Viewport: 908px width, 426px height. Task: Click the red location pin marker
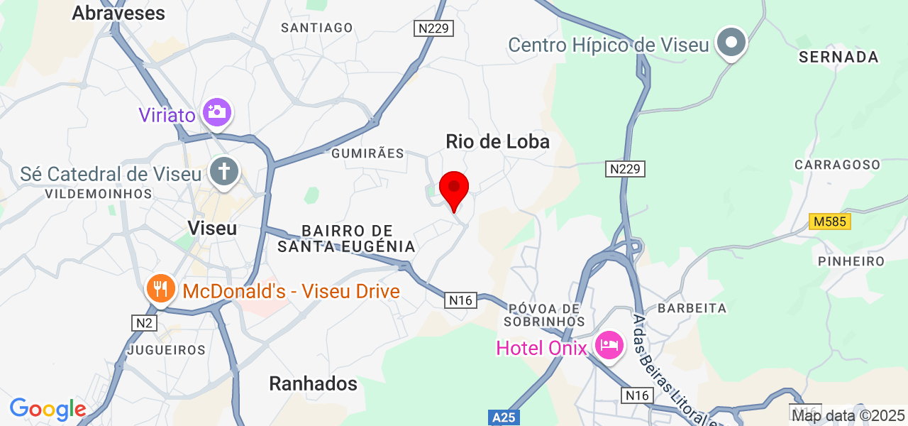point(454,189)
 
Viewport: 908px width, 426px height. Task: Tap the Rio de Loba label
point(497,141)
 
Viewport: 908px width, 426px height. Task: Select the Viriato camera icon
point(216,111)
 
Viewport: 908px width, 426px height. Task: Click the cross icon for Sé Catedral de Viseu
point(224,172)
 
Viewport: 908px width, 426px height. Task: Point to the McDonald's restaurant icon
point(161,289)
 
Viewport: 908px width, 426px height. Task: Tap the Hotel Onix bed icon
point(609,346)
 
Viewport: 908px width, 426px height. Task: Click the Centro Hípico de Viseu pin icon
point(731,43)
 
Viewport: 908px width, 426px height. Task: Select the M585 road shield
point(830,222)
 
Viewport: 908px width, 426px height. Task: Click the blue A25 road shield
point(504,417)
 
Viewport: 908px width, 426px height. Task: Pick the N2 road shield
point(144,323)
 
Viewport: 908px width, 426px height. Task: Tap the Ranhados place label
point(313,384)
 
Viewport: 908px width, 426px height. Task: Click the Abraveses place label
point(118,13)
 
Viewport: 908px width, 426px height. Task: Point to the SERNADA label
point(838,57)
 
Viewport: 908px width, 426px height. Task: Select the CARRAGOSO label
point(837,164)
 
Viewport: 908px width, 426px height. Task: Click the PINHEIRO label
point(851,261)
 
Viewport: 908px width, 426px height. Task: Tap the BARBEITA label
point(692,308)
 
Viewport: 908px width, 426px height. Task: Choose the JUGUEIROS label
point(167,350)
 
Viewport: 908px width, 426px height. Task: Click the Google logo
point(48,409)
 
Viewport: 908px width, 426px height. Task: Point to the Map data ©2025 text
point(848,415)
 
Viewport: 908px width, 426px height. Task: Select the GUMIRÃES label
point(367,153)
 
